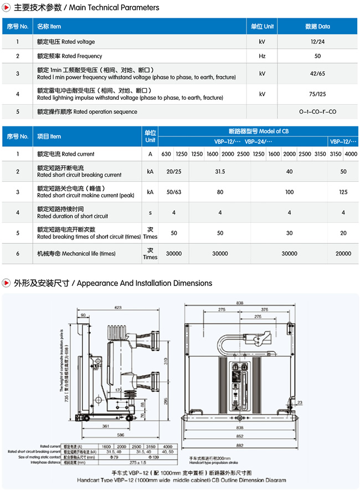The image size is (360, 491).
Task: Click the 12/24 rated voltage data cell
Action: click(317, 42)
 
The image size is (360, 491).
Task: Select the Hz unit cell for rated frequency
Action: click(262, 56)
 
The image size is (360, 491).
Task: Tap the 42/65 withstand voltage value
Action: click(317, 74)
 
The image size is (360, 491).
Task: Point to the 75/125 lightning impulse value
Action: click(317, 94)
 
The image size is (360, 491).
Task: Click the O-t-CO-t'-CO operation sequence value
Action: click(317, 112)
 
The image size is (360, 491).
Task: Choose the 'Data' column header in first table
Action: click(317, 26)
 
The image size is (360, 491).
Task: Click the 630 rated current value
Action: click(166, 154)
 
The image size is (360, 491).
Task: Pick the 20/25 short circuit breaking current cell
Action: click(173, 172)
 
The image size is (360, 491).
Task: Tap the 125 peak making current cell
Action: click(343, 192)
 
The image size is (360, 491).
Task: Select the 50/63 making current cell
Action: click(173, 192)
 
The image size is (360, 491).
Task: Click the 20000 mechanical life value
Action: click(343, 253)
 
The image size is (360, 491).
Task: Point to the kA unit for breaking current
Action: click(150, 172)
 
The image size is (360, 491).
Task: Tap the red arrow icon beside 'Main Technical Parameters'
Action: click(7, 8)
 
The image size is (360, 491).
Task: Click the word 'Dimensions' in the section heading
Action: click(192, 283)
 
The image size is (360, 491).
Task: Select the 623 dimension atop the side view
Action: click(117, 307)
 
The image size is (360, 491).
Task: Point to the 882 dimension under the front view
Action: click(240, 446)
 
